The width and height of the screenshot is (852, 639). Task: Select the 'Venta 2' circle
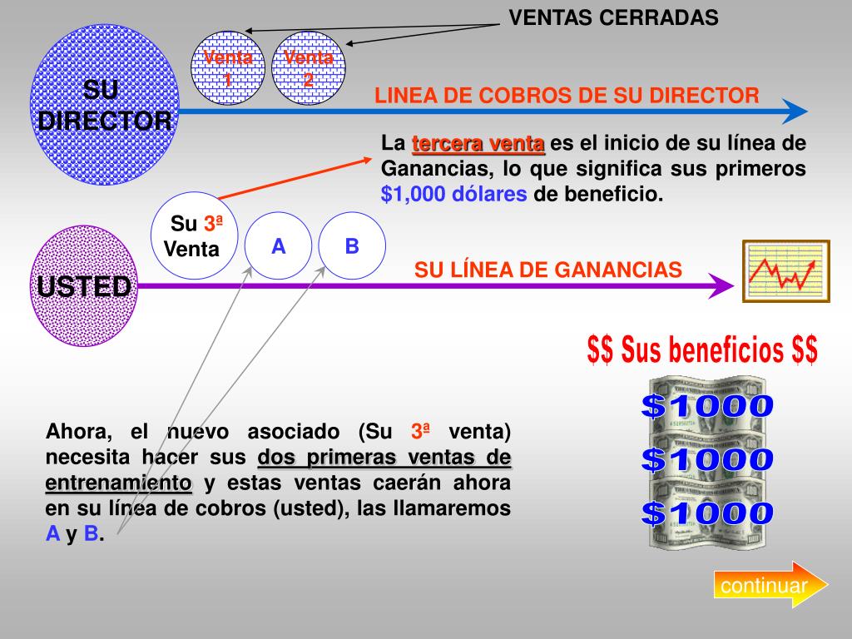point(309,69)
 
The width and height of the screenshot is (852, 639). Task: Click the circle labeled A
point(279,246)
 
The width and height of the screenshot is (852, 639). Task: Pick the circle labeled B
point(352,246)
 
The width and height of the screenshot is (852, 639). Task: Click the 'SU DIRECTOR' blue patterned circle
point(104,105)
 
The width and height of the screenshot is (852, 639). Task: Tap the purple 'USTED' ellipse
point(83,287)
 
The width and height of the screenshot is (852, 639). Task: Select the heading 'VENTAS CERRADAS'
point(613,17)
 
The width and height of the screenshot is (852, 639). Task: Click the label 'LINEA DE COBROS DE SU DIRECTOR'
point(567,96)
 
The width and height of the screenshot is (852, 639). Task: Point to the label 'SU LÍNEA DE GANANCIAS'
point(548,270)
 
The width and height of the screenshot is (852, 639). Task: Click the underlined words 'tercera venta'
point(478,143)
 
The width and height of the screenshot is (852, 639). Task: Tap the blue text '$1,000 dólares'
point(453,195)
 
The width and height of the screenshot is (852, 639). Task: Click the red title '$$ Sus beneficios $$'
point(702,349)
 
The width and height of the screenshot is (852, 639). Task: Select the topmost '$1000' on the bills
point(707,407)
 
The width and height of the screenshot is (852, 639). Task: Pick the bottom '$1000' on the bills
point(707,513)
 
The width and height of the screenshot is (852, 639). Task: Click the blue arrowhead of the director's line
point(796,111)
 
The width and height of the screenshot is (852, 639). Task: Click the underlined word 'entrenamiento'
point(118,483)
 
